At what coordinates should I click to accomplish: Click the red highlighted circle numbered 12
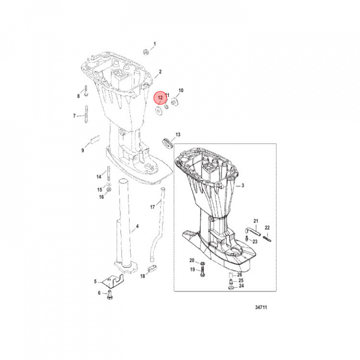(x=160, y=98)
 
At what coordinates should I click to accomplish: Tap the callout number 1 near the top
(x=154, y=44)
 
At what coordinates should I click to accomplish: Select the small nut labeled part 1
(x=145, y=52)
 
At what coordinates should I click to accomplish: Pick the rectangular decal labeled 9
(x=95, y=139)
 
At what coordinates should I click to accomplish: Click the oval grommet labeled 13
(x=167, y=143)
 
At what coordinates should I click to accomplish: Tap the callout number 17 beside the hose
(x=152, y=207)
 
